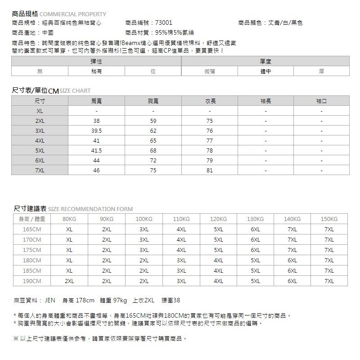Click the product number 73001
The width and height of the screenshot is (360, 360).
click(163, 22)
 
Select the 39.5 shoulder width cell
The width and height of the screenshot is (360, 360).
click(96, 131)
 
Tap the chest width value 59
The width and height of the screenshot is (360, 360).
click(153, 121)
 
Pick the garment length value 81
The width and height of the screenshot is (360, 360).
click(209, 171)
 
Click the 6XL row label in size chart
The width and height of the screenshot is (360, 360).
click(40, 161)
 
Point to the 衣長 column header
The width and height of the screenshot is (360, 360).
click(209, 101)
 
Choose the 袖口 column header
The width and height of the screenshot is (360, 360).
click(321, 101)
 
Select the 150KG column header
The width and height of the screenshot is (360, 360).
click(329, 219)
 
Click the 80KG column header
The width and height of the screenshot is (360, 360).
click(69, 219)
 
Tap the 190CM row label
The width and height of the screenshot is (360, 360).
click(31, 281)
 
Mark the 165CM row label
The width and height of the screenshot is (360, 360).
click(31, 229)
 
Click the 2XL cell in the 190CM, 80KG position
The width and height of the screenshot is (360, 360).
click(69, 281)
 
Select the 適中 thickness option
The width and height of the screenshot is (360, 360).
click(265, 71)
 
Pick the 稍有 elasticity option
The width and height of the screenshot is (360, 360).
click(96, 71)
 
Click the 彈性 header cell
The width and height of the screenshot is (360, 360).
click(96, 61)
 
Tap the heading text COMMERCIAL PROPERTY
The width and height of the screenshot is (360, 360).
click(76, 14)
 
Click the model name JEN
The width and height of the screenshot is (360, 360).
click(50, 300)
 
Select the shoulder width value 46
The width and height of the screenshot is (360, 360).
click(96, 171)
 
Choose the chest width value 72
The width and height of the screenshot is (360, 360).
click(153, 161)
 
